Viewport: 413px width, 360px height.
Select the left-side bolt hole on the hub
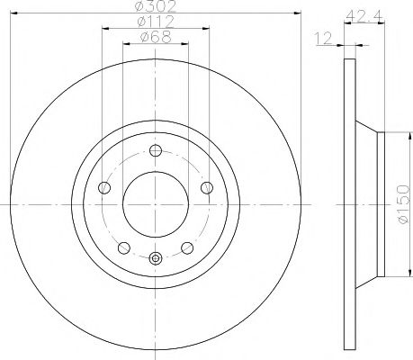[x=104, y=187]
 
